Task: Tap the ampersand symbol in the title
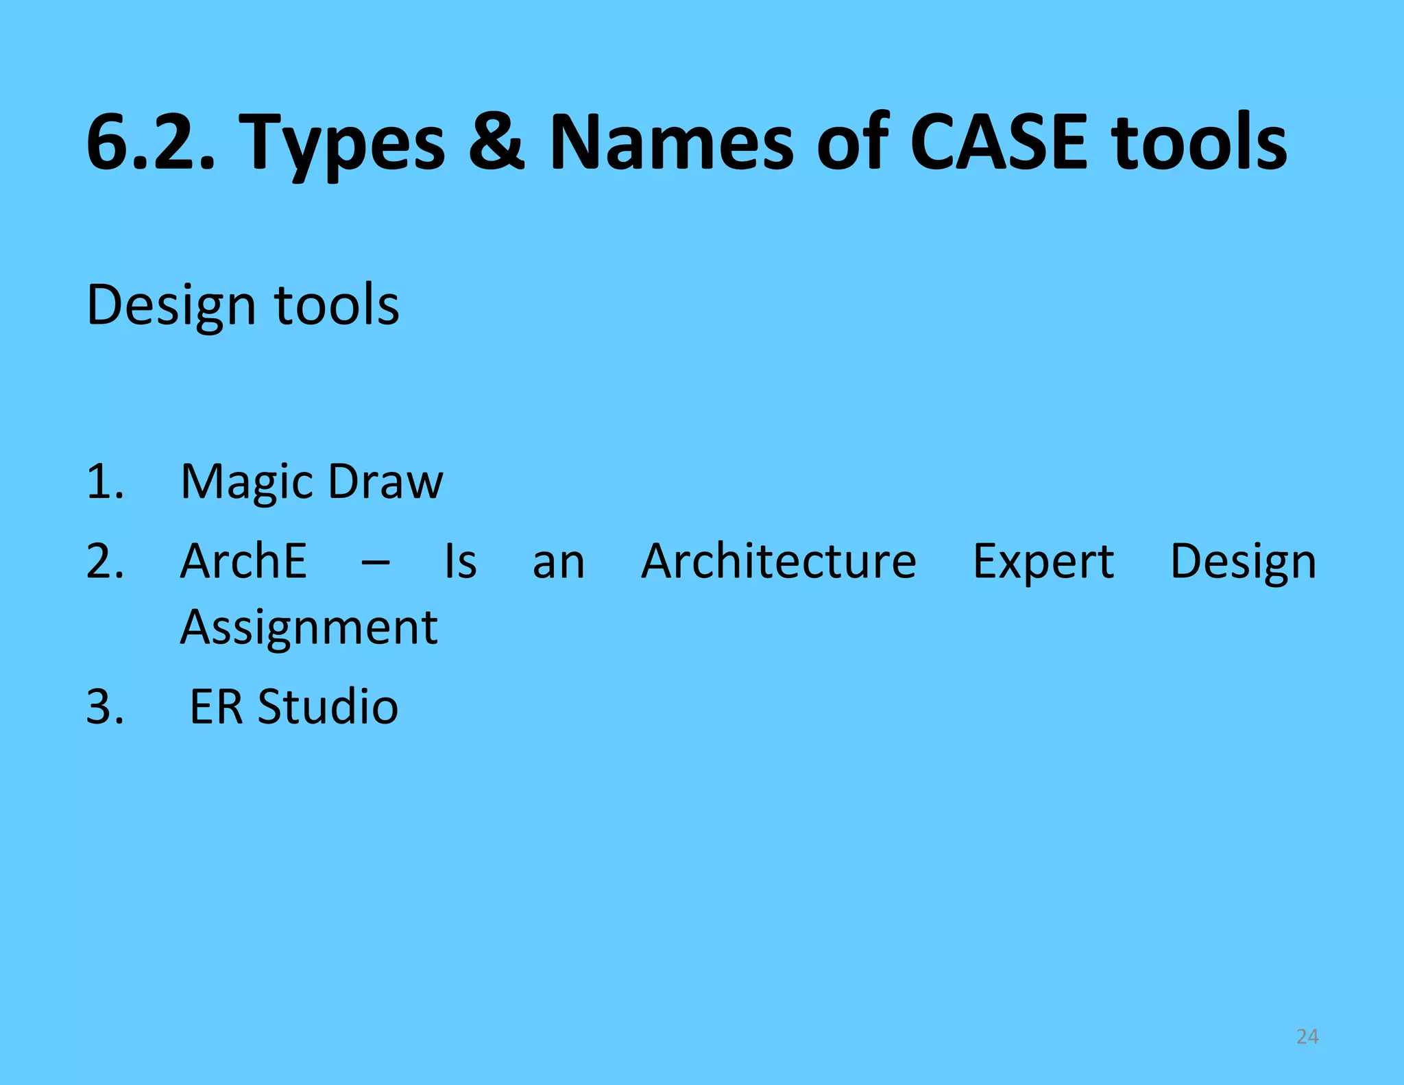tap(496, 143)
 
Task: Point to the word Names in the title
tap(672, 143)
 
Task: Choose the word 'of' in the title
tap(853, 143)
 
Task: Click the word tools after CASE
tap(1199, 143)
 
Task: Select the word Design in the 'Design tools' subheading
tap(171, 305)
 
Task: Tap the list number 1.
tap(105, 481)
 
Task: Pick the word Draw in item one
tap(385, 481)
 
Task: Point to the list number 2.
tap(105, 562)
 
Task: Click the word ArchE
tap(243, 562)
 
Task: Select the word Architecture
tap(778, 562)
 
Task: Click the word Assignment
tap(308, 628)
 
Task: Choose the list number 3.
tap(105, 707)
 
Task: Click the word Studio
tap(328, 707)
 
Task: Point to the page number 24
tap(1307, 1036)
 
